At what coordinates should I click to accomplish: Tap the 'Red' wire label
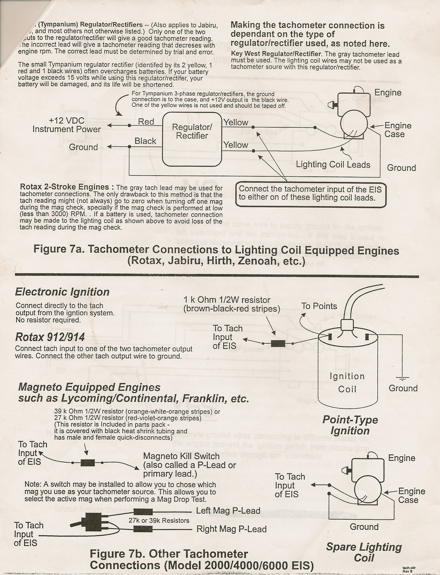pos(146,122)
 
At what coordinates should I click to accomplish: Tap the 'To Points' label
pos(319,306)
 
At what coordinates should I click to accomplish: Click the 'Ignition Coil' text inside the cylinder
pos(347,383)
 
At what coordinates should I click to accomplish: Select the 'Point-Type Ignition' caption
pos(350,425)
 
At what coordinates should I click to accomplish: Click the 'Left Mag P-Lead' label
pos(228,511)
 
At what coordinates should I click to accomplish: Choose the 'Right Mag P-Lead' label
pos(231,529)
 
